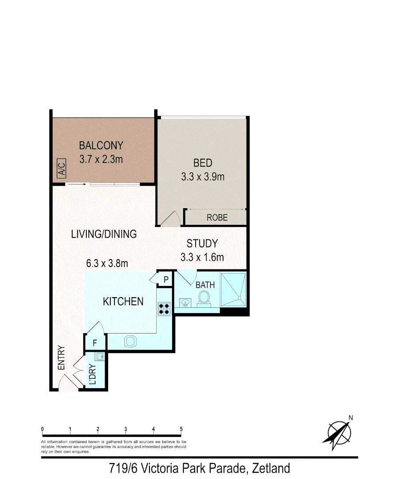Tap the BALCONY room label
coord(101,145)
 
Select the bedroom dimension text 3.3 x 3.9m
coord(203,177)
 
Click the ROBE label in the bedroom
coord(217,218)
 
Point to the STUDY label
coord(202,243)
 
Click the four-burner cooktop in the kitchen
coord(164,308)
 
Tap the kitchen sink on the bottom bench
coord(130,341)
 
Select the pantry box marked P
coord(165,279)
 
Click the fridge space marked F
coord(95,343)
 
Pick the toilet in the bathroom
coord(204,298)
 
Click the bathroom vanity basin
coord(185,303)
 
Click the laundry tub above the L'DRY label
coord(100,356)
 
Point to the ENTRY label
coord(61,358)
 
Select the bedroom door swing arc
coord(171,218)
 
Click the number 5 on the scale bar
coord(181,429)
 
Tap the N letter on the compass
coord(350,417)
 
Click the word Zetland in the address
coord(270,468)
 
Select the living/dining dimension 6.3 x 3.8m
coord(107,263)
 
